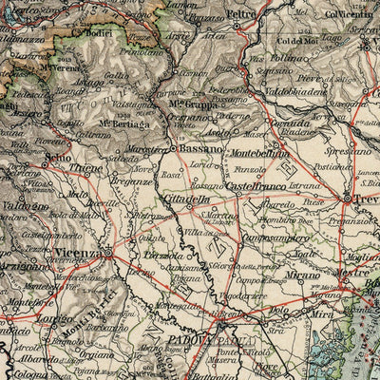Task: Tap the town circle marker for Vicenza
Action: [107, 254]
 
